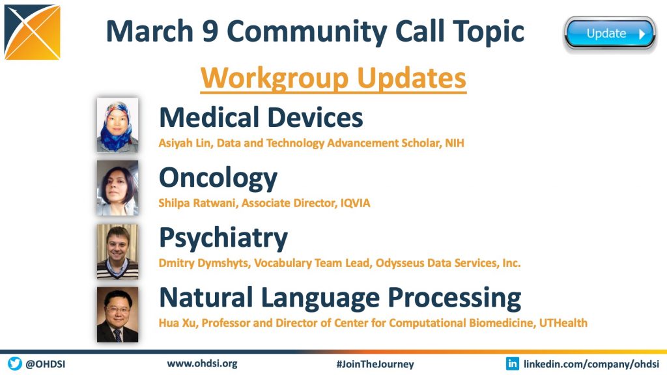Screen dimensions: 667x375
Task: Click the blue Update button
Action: pos(610,34)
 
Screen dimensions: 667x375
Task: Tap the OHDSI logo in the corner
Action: pos(33,32)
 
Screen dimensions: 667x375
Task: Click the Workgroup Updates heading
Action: pos(333,78)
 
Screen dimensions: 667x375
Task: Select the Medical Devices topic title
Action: pos(261,117)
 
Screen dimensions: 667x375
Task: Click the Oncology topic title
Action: pos(218,178)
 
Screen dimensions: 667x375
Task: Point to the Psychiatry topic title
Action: pos(223,238)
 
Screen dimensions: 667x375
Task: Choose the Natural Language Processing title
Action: pos(340,298)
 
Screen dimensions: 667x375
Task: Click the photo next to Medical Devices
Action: pos(117,125)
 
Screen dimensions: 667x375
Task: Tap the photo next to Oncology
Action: pos(117,188)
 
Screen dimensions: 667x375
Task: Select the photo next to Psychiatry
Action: pos(117,251)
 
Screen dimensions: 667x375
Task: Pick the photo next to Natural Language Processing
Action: pos(117,314)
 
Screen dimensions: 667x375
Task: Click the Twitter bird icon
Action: pos(14,363)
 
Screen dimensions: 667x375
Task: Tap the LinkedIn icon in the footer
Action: pos(512,363)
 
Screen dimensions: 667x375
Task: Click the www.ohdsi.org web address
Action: pos(202,364)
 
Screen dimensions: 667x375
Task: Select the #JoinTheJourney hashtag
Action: pos(375,365)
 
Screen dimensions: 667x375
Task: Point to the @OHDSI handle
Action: pos(46,365)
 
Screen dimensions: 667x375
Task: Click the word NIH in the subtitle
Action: pos(455,143)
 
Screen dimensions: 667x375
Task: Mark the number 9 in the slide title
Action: pos(210,31)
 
